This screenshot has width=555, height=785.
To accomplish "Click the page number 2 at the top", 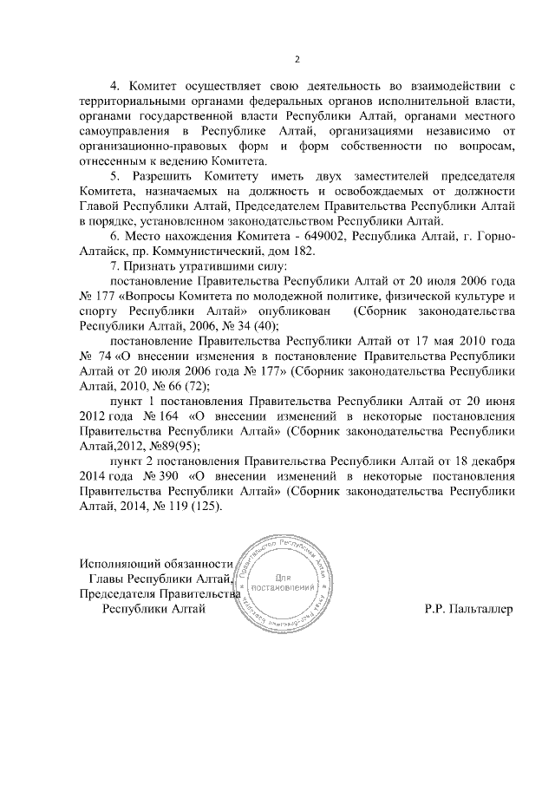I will [297, 59].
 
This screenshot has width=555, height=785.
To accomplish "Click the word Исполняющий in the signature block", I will [120, 563].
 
